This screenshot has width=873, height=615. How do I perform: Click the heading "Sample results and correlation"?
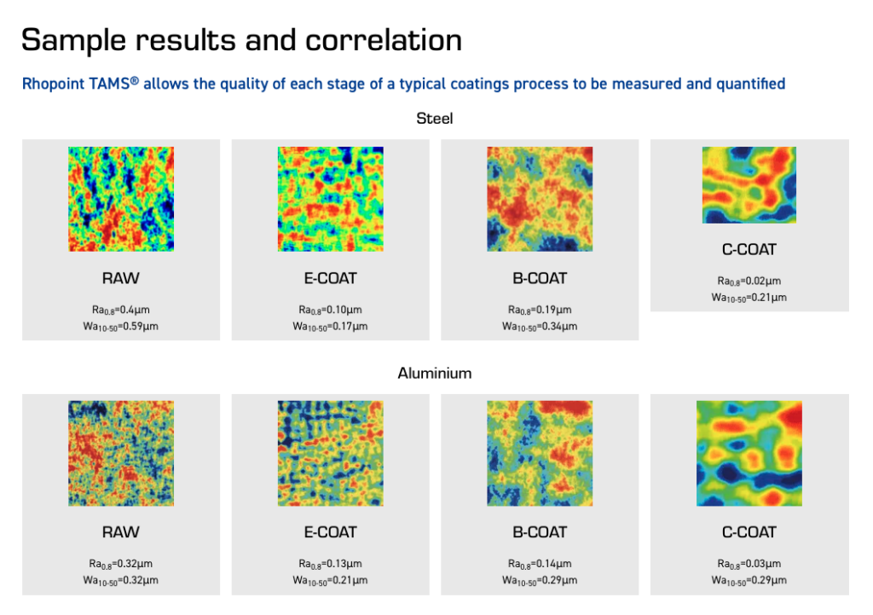241,40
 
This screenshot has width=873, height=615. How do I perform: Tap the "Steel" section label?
435,119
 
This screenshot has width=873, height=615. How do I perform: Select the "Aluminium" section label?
435,374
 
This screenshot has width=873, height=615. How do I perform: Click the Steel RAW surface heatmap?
121,199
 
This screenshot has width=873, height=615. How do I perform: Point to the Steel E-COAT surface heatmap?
330,199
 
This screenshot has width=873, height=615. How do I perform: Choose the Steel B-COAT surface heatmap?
540,199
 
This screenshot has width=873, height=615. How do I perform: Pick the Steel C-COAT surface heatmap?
749,185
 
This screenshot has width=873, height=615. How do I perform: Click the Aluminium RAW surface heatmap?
121,454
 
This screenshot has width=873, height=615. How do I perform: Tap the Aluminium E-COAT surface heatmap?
330,454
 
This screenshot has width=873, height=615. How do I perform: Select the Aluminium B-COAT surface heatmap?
540,454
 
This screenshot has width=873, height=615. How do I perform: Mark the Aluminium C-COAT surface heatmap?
749,454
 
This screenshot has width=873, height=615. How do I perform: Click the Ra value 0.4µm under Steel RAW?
120,310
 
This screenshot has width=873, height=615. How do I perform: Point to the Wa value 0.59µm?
120,326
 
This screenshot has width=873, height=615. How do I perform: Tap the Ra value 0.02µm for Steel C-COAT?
749,281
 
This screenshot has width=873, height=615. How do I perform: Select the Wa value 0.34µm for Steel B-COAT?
540,326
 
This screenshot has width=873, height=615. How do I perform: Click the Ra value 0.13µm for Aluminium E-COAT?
330,564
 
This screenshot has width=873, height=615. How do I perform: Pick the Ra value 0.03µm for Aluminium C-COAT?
749,564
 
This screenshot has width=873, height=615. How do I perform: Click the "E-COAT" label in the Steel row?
330,278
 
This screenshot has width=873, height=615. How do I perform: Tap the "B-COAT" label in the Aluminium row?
540,532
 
